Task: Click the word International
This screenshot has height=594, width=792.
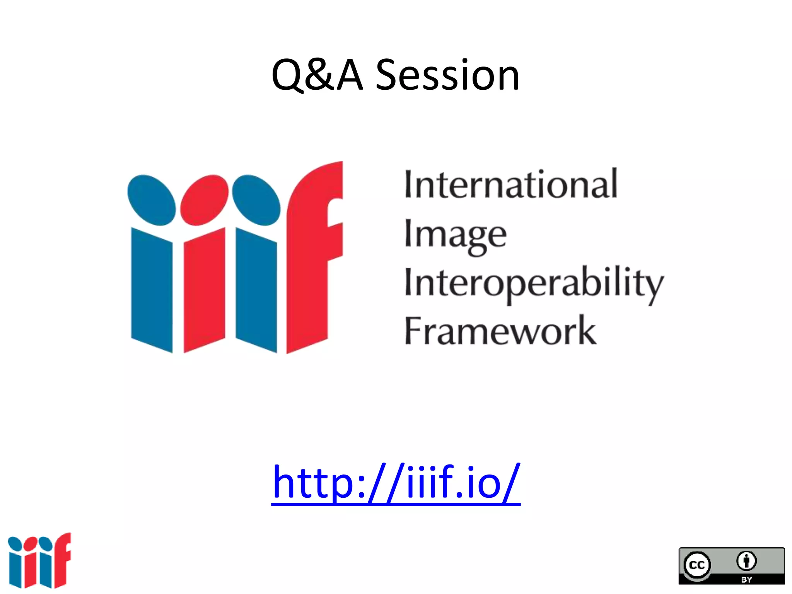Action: pos(510,184)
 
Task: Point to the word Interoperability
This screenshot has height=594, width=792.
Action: pos(534,283)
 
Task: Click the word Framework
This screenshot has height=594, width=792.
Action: pos(500,331)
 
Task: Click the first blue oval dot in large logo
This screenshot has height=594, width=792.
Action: pos(151,200)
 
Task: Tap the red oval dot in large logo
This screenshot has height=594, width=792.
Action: pos(204,200)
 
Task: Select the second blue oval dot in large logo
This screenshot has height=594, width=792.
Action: pos(256,200)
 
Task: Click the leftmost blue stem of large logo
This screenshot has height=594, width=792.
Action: pos(152,290)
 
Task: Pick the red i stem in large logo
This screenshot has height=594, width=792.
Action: pos(204,290)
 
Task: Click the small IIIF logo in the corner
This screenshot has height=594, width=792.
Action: pos(39,560)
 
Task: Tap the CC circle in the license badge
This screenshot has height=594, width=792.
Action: pos(697,565)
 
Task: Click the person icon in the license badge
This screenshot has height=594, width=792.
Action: pos(746,561)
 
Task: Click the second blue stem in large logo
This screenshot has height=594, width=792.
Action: pos(256,290)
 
